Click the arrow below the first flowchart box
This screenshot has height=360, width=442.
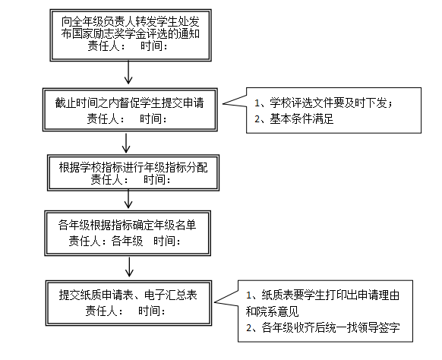128,72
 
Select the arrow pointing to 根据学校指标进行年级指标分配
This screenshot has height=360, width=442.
126,143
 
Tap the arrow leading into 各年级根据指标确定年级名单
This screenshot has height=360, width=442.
128,199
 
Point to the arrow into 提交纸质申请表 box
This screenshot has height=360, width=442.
129,267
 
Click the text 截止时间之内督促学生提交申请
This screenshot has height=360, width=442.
129,103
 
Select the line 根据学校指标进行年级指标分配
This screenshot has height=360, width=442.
134,167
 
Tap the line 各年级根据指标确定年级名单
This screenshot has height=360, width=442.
127,225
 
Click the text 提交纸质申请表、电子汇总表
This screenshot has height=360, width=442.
128,295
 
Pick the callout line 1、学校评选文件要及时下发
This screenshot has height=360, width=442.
324,103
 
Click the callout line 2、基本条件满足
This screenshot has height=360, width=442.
294,118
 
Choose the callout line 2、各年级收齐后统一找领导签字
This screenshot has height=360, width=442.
323,327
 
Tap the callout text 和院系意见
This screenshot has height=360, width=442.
272,311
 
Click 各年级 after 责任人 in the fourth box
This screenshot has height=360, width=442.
127,241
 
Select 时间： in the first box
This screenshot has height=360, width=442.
154,46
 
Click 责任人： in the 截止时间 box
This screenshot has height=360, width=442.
106,118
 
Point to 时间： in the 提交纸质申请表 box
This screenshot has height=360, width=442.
152,311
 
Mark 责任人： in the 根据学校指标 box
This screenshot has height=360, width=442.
109,179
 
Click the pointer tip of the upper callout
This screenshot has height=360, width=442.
223,104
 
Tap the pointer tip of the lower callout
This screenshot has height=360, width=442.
214,302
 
